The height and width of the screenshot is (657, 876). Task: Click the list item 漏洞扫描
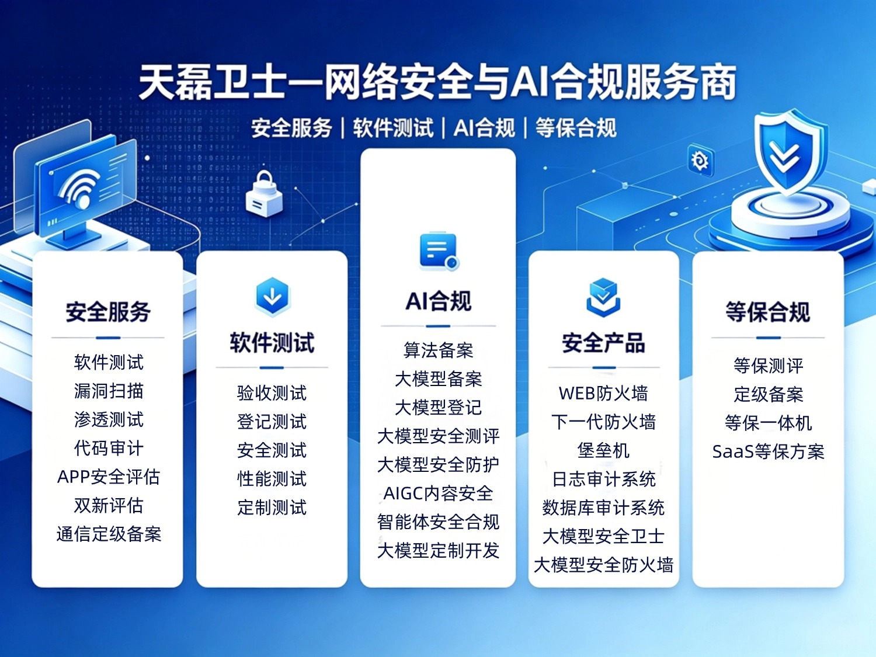pos(109,391)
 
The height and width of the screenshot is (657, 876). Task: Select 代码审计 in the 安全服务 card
pos(109,449)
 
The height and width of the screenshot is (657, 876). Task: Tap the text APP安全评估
pos(109,477)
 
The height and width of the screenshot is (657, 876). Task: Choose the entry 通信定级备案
pos(109,534)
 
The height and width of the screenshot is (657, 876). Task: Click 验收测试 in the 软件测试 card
pos(272,393)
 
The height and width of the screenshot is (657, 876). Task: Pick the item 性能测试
pos(272,479)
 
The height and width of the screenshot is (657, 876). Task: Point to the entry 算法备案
pos(438,350)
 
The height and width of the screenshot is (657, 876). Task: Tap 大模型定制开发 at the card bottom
pos(438,551)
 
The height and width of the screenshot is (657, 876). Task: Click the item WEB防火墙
pos(603,393)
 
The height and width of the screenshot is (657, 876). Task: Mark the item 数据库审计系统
pos(603,508)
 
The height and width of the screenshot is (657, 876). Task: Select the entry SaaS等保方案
pos(768,452)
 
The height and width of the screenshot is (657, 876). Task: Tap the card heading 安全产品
pos(603,343)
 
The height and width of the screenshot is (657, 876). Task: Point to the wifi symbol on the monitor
pos(80,188)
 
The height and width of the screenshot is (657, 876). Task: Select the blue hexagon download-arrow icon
pos(273,297)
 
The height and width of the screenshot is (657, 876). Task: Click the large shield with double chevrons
pos(785,154)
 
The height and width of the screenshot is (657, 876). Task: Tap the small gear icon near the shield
pos(700,161)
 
